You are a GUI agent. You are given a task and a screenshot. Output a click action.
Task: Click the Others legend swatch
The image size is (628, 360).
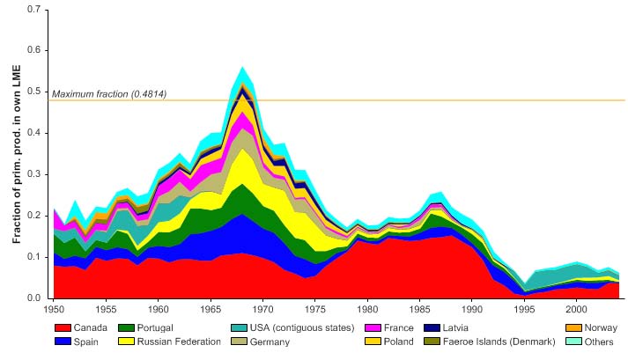point(573,342)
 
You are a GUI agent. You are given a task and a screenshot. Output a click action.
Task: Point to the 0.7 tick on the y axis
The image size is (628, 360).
point(41,9)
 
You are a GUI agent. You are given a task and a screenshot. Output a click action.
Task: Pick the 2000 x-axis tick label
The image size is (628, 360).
point(576,311)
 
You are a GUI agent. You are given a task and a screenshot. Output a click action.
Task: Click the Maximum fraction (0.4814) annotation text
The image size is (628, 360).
point(109,93)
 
